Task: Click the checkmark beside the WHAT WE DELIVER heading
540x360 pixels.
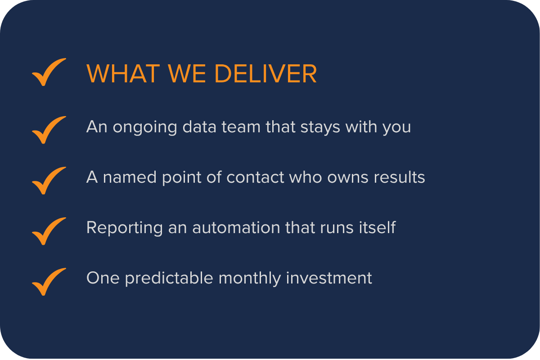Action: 49,72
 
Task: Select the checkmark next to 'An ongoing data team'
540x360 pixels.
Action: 49,130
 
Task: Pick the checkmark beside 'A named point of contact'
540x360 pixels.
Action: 49,180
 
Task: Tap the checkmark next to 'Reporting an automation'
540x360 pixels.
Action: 49,231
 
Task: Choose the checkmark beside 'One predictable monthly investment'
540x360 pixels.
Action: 49,281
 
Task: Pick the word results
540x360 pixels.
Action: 399,177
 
